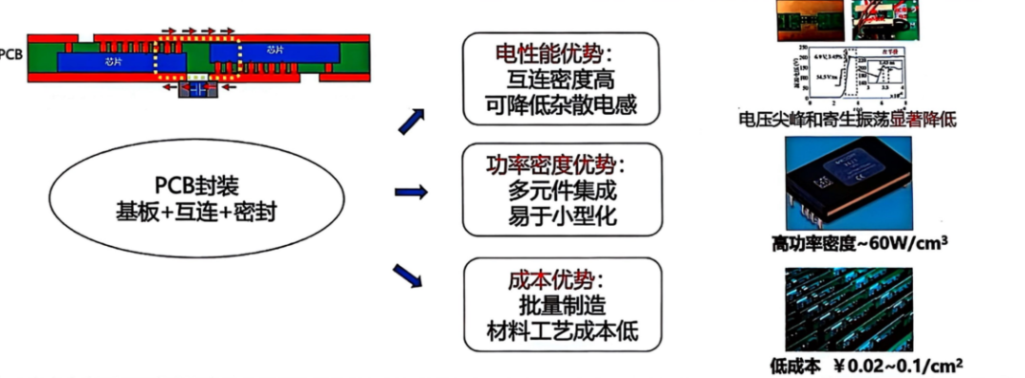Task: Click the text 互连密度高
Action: tap(560, 79)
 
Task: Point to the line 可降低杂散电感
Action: tap(560, 105)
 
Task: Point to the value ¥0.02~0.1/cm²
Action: tap(898, 364)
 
